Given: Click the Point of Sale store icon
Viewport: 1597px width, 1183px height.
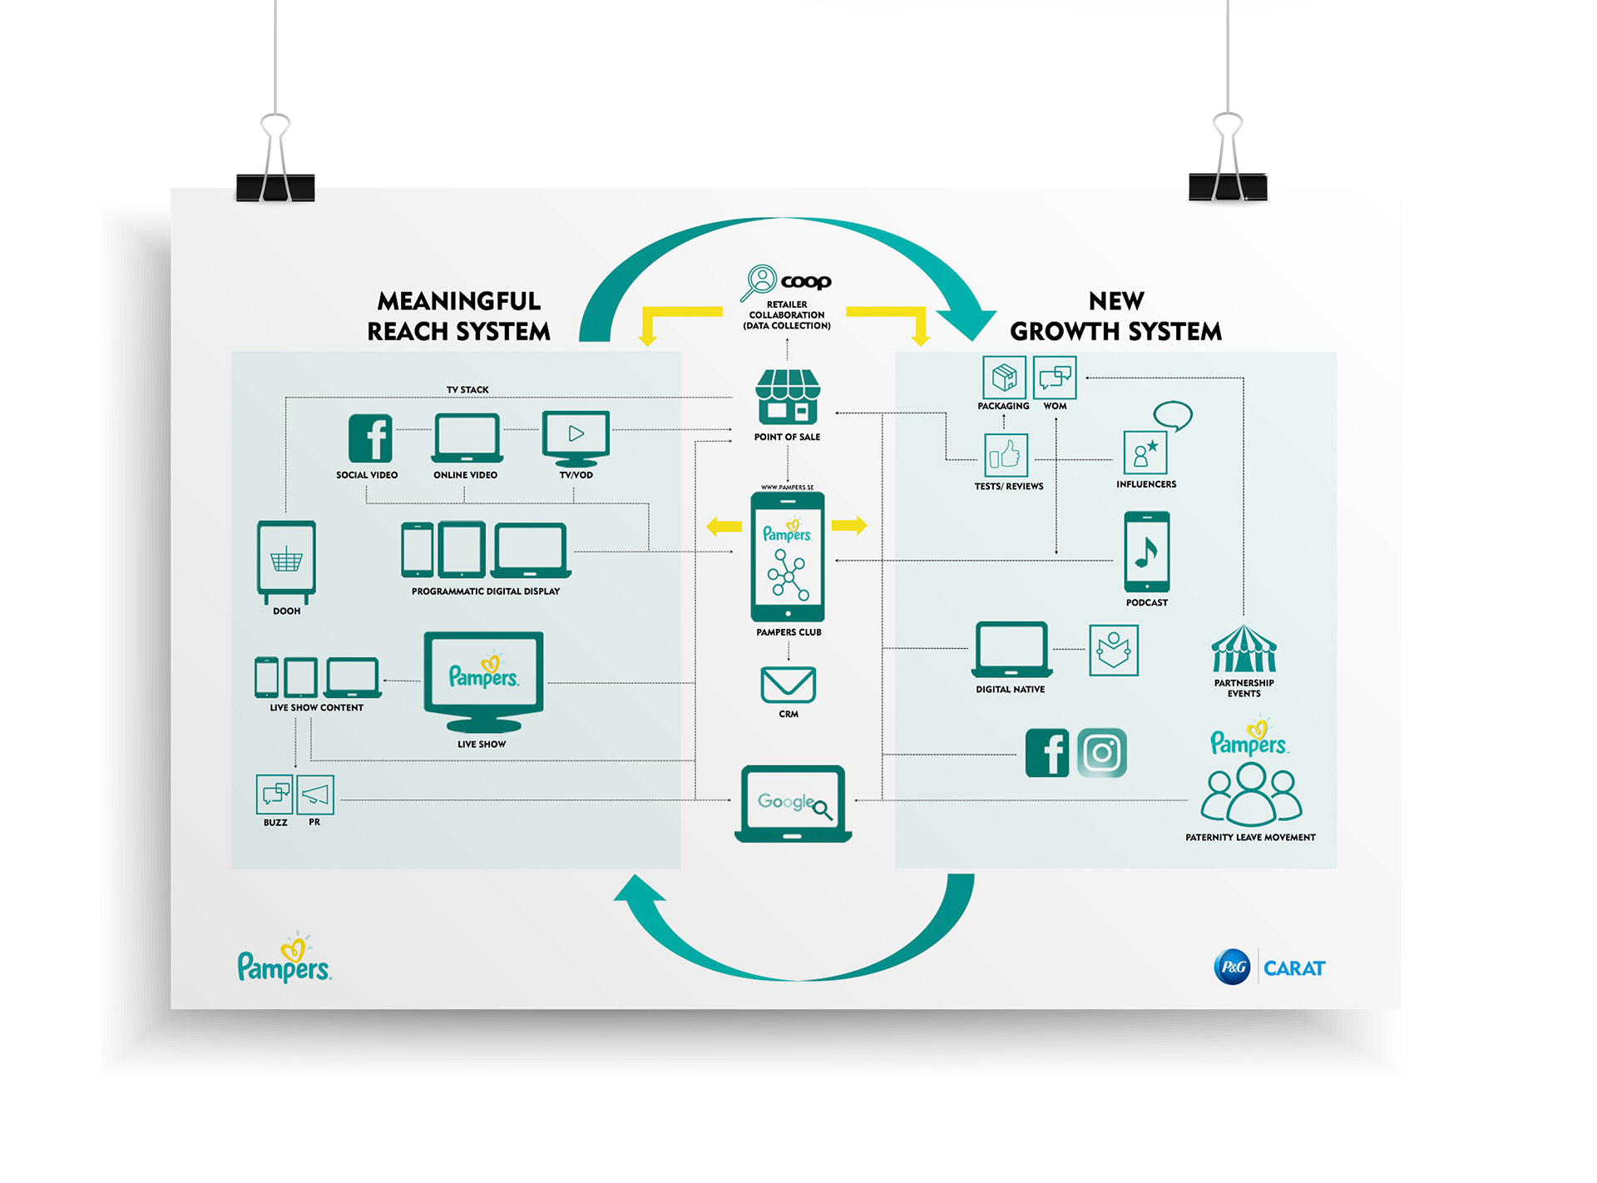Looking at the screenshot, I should pos(787,397).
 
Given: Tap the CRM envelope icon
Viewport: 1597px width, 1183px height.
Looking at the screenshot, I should pos(788,685).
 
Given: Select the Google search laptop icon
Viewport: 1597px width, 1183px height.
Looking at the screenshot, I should pos(793,803).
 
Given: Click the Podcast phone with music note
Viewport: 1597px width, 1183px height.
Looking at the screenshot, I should pos(1146,551).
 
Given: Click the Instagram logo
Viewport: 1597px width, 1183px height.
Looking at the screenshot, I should pos(1101,753).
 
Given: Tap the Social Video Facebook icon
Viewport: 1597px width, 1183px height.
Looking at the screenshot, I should pos(370,438).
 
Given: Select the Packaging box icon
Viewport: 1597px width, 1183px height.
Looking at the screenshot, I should pos(1004,378).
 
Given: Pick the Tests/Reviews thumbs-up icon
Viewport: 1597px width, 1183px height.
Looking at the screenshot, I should pos(1006,455).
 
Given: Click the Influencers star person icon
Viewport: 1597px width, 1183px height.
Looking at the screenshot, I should pos(1145,453).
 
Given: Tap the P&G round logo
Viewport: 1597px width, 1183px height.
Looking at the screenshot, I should pos(1232,967).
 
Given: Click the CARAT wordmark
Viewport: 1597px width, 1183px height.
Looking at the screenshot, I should pos(1294,968).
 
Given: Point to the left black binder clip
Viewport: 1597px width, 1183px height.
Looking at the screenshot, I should pos(275,186).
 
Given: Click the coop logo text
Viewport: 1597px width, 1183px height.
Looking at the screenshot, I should pos(805,281).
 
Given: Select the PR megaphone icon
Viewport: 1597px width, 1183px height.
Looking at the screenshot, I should pos(315,794).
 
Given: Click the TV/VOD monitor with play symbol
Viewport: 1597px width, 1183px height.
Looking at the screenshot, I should pos(576,437).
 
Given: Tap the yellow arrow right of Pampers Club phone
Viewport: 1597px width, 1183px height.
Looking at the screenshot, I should pos(849,525).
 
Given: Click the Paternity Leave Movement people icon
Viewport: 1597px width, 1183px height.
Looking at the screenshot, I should pos(1251,794).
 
